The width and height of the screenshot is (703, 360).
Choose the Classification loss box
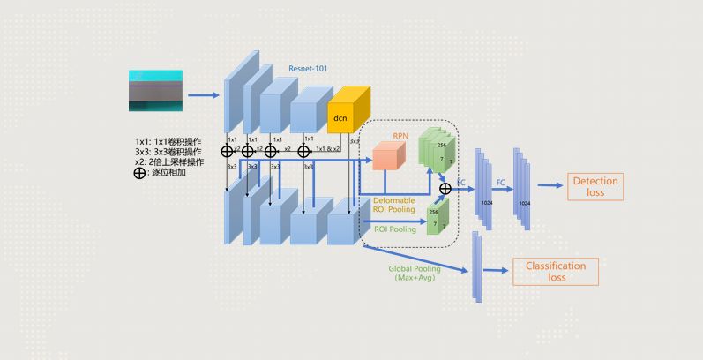(556, 271)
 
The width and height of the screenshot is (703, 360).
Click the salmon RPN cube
(389, 155)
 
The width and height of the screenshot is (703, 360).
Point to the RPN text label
(388, 136)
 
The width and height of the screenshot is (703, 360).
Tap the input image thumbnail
(155, 90)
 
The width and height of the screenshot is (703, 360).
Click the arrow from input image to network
(203, 93)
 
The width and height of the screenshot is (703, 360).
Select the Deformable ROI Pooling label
(392, 206)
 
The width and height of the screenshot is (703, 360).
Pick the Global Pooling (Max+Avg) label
(412, 273)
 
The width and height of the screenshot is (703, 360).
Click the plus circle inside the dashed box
(445, 188)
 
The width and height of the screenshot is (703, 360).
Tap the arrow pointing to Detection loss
(549, 185)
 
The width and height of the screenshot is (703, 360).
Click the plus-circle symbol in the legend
(139, 173)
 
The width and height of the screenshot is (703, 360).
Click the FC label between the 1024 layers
(500, 181)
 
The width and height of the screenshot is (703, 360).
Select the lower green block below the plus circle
(437, 217)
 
